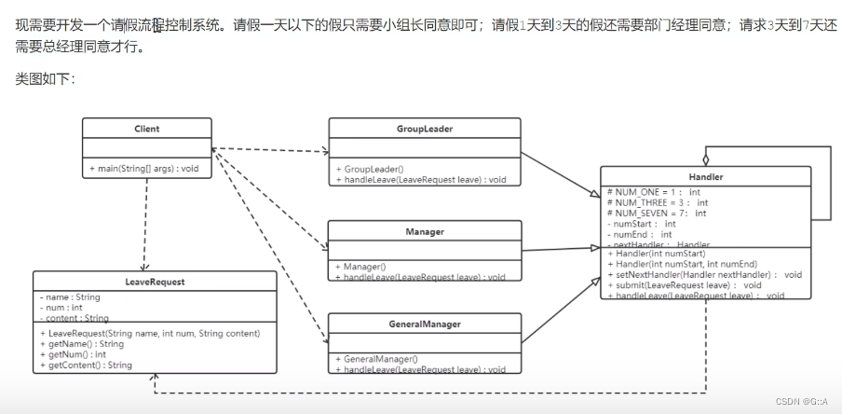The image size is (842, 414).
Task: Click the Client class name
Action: [146, 129]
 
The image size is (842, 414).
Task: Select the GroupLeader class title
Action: [424, 129]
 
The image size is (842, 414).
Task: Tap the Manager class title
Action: [424, 231]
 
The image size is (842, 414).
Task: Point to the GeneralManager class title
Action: [424, 324]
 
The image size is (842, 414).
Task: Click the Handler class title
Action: [705, 176]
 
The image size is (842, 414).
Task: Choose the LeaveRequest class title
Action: [155, 281]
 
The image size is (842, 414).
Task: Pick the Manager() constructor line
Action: [364, 267]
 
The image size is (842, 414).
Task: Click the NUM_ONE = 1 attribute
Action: [653, 192]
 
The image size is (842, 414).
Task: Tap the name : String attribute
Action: [71, 297]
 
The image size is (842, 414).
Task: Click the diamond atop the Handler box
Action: [706, 159]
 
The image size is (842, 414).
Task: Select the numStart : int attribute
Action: [643, 224]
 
